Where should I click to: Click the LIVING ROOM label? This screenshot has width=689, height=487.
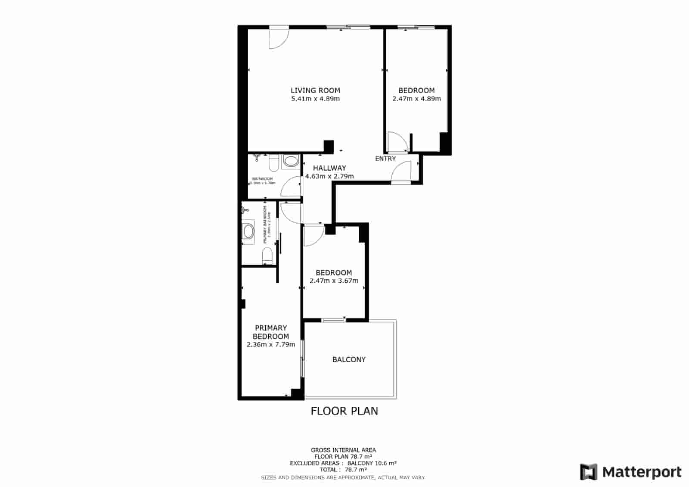point(315,91)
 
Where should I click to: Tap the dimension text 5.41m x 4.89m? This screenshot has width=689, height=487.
point(315,99)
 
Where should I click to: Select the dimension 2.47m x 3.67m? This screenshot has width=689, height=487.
point(334,281)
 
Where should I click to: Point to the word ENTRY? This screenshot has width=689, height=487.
point(385,159)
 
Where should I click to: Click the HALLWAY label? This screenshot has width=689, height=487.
point(329,168)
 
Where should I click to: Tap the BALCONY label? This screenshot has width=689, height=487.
point(349,359)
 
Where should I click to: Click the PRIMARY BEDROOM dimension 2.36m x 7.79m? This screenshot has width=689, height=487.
point(271,345)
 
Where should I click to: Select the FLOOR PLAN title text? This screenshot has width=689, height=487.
point(344,411)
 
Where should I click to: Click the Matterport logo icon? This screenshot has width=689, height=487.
point(588,472)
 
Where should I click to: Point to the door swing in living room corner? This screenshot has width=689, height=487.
point(278,38)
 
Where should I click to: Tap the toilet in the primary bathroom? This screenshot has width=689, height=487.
point(267,256)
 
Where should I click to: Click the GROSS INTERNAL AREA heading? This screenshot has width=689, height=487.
point(344,450)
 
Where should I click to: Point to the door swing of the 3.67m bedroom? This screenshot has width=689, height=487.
point(313,236)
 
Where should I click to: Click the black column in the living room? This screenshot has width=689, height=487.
point(329,147)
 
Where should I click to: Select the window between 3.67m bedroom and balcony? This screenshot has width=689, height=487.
point(334,320)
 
